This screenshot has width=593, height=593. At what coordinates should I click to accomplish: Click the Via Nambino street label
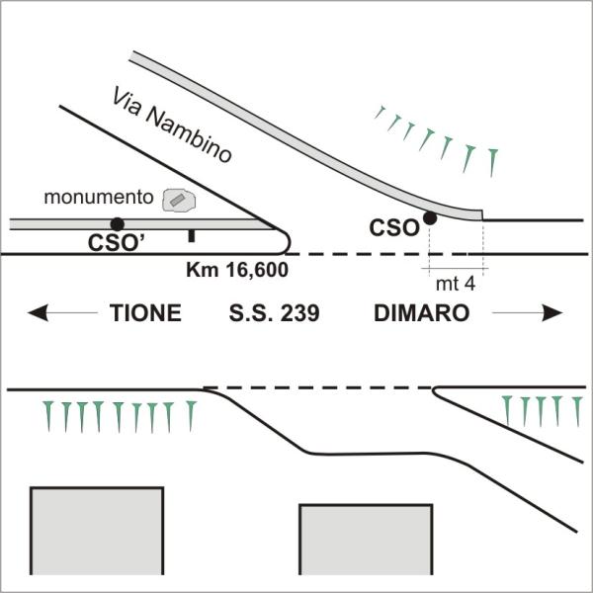click(x=171, y=126)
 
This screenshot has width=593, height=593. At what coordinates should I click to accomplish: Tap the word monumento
click(x=98, y=198)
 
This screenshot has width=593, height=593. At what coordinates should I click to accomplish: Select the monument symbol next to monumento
click(x=179, y=201)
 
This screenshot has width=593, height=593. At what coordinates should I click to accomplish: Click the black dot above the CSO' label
click(x=118, y=224)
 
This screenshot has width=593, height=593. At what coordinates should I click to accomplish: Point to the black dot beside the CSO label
click(x=430, y=217)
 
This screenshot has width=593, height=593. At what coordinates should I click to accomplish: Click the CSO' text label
click(x=117, y=243)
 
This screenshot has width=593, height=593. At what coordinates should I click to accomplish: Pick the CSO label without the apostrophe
click(x=394, y=228)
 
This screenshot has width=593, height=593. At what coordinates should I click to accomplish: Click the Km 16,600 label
click(x=237, y=270)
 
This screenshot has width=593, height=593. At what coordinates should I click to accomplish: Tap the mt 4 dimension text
click(x=456, y=284)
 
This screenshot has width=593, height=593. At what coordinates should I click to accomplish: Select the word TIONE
click(x=145, y=313)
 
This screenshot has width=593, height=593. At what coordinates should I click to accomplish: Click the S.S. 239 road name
click(x=274, y=313)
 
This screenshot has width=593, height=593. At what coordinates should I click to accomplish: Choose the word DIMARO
click(x=422, y=313)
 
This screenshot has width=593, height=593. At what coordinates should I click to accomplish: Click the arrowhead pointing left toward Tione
click(x=38, y=312)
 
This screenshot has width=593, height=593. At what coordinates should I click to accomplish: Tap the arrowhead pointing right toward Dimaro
click(x=552, y=312)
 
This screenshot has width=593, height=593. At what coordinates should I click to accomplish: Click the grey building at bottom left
click(x=97, y=531)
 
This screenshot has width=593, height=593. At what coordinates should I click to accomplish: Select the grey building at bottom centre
click(x=366, y=540)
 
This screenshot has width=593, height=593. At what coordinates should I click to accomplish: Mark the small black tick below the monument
click(x=192, y=236)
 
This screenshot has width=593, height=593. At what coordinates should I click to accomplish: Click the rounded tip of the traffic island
click(x=290, y=241)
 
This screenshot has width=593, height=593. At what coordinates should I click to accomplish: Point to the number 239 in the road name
click(x=300, y=313)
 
